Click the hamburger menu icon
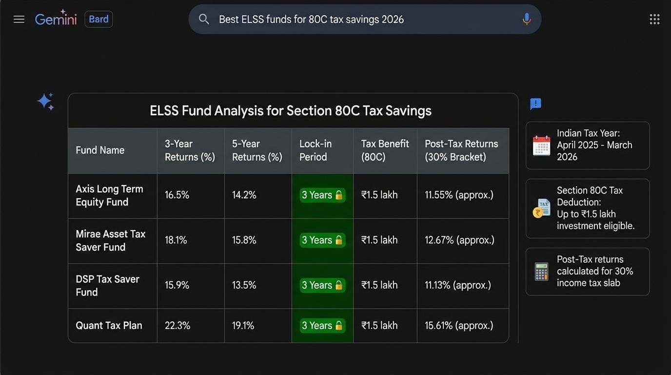19,20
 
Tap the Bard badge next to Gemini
99,20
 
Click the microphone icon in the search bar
526,20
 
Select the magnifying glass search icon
204,20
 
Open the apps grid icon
654,20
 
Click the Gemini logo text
56,20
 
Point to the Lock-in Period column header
316,150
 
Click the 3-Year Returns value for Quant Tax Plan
178,326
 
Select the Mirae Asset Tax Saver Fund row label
111,241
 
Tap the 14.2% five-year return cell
244,195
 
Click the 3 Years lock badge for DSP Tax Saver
322,286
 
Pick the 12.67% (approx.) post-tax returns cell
459,240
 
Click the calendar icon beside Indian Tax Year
541,146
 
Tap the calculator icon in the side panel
541,271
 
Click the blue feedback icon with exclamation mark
535,104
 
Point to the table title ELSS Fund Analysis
290,111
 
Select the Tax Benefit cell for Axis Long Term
379,195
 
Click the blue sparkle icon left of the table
45,102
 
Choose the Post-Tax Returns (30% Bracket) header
461,150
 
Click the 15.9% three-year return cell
177,286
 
